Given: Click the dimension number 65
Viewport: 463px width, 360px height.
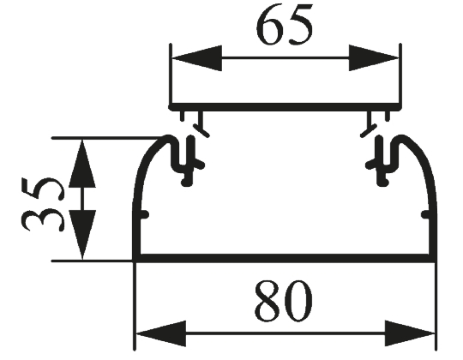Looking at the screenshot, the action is [284, 25].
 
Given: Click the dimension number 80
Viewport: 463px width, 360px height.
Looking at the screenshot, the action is [284, 301].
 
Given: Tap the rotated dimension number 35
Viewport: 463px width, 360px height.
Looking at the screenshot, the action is [43, 205].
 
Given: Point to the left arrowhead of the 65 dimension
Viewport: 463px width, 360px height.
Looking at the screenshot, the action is [197, 58].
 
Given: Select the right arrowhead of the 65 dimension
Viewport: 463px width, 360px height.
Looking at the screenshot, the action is [374, 58].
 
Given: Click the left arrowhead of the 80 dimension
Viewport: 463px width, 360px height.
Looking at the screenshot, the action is [161, 333].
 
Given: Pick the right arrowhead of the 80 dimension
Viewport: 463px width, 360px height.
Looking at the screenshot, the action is [410, 333].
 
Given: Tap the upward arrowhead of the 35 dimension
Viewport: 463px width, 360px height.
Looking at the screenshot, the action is [82, 164].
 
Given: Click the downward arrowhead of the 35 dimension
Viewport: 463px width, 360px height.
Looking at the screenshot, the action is [82, 235].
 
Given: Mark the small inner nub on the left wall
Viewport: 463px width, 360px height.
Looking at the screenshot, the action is [144, 214].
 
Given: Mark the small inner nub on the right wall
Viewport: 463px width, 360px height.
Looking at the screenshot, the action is [424, 214].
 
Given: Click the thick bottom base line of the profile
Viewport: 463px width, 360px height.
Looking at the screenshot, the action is [284, 258].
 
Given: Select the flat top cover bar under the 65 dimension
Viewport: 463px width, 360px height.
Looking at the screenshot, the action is [285, 107].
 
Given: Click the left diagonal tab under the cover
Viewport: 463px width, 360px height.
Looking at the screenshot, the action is [201, 125].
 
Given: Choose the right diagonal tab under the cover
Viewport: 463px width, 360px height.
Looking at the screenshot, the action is [369, 125].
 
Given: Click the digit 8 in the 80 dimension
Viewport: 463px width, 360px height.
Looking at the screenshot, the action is [268, 301].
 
